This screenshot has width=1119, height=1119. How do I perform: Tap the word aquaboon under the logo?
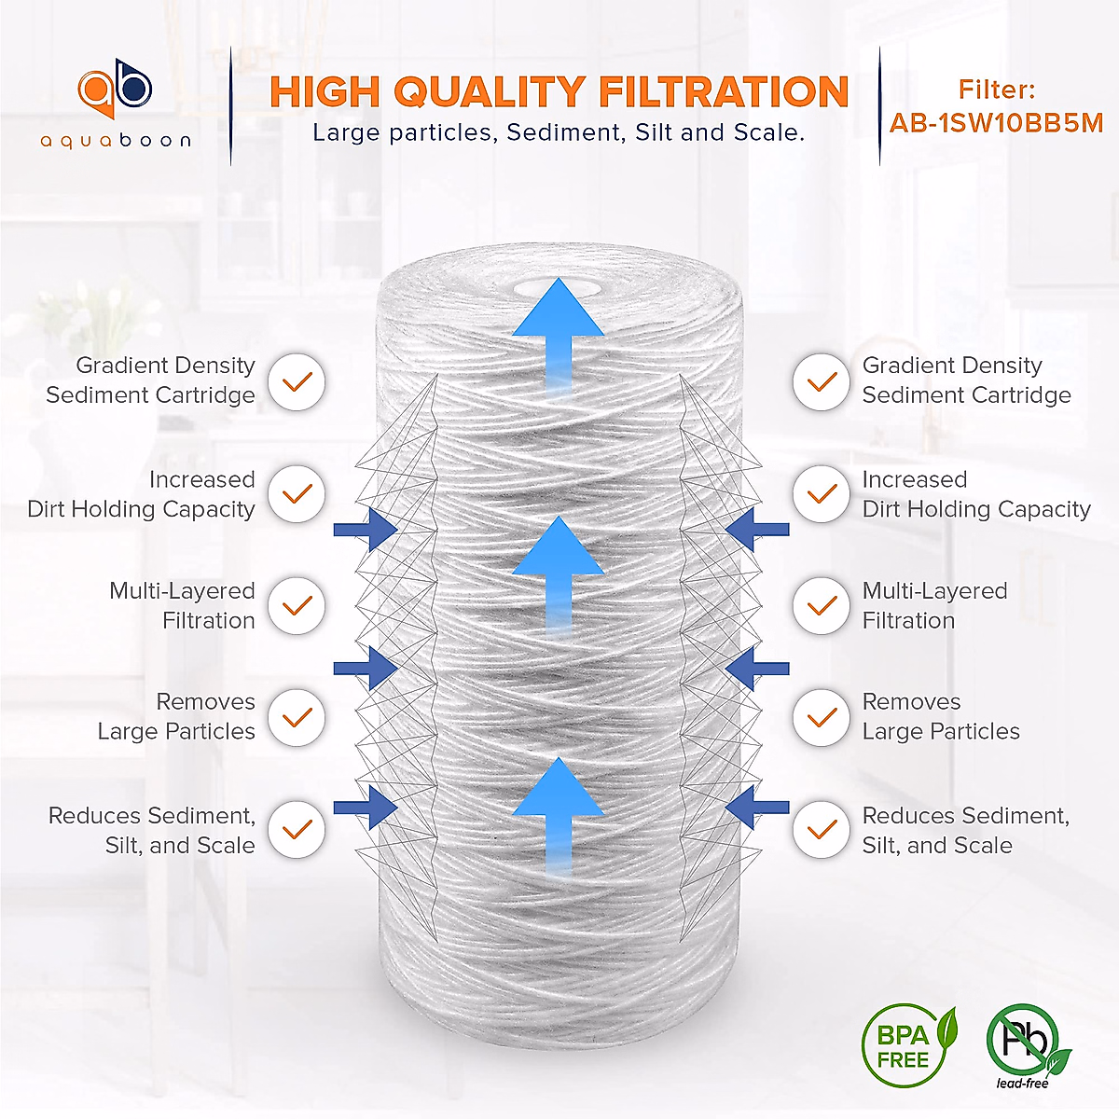tap(116, 141)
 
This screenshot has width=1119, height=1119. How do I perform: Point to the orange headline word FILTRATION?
tap(724, 92)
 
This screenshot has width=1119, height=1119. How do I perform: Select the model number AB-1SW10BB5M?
tap(996, 123)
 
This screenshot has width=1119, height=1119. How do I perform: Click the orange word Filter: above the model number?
tap(996, 90)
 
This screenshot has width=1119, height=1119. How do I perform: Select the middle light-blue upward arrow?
tap(558, 569)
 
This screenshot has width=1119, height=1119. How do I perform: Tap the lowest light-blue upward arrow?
tap(558, 811)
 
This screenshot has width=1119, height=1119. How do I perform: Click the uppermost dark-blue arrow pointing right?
tap(366, 530)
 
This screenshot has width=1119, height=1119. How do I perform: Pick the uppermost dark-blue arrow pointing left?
tap(756, 530)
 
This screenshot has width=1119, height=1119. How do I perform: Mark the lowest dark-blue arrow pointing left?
tap(756, 808)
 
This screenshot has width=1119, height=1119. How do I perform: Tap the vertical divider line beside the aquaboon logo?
tap(230, 107)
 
